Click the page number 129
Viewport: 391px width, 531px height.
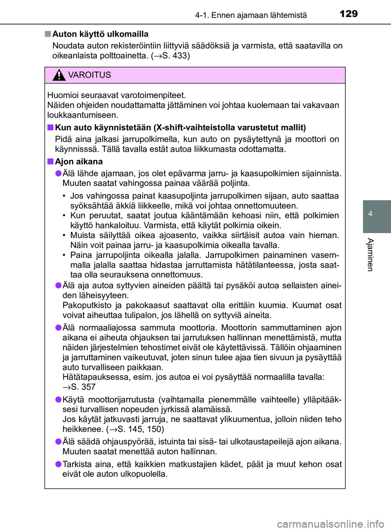coord(348,14)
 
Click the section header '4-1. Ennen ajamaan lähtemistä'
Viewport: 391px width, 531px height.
coord(251,15)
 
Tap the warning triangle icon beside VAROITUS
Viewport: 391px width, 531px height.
coord(59,75)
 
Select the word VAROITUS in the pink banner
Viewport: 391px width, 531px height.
coord(89,75)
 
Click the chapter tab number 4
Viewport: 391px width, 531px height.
coord(370,214)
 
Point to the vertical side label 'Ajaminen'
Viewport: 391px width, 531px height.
coord(370,254)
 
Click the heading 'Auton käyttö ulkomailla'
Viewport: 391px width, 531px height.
coord(100,34)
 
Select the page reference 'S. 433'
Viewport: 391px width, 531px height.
coord(174,56)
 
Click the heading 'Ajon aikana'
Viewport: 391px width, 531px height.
coord(79,162)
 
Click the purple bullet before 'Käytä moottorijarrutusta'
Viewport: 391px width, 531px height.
coord(58,400)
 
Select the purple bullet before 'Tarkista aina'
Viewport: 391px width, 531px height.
coord(58,464)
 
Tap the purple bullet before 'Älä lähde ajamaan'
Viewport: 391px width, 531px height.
coord(58,173)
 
